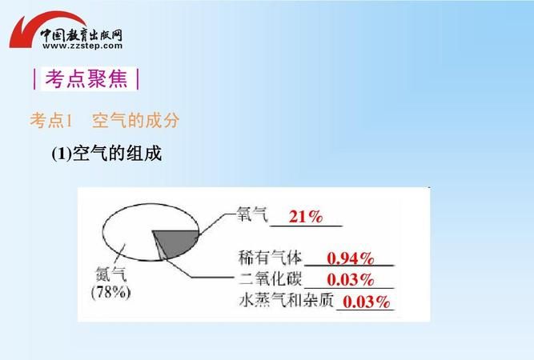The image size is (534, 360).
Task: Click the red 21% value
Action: [x=305, y=217]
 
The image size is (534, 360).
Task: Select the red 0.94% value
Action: [x=351, y=258]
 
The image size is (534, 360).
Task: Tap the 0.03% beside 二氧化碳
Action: [x=351, y=279]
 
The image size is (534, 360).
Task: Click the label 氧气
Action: [x=251, y=214]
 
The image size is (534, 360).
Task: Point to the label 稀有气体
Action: [x=270, y=258]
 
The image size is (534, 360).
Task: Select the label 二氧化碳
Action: [x=270, y=279]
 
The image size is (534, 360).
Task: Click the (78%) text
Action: [x=110, y=293]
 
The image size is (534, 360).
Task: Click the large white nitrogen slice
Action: [x=128, y=232]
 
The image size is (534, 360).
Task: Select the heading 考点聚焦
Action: [x=87, y=79]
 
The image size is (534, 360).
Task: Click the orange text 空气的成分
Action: [x=135, y=121]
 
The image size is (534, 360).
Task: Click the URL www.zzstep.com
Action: [x=78, y=46]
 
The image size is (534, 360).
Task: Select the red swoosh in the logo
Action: [x=32, y=32]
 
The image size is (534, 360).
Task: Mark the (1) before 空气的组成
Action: [x=62, y=154]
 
